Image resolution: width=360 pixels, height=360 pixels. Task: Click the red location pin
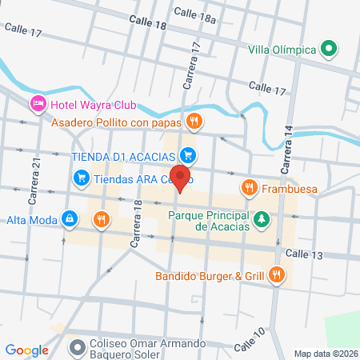point(182,178)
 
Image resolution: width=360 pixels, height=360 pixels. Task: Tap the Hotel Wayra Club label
point(93,105)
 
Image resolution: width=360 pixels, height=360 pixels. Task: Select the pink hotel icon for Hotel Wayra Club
point(37,104)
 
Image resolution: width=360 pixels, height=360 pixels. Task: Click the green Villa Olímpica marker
point(328,50)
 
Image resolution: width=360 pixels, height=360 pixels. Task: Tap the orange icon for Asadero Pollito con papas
point(193,122)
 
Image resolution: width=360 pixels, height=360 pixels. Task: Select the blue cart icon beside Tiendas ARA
point(80,178)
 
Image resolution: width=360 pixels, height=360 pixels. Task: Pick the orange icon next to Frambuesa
point(249,188)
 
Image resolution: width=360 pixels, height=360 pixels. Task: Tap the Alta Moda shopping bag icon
point(70,218)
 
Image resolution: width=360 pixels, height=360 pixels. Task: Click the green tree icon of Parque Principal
point(261,219)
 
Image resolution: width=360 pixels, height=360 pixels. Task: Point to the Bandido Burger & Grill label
point(210,277)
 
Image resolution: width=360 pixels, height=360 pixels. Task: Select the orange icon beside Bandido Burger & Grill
point(277,276)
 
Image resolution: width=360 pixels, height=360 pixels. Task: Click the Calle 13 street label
point(303,254)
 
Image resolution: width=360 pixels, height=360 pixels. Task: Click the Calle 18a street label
point(194,12)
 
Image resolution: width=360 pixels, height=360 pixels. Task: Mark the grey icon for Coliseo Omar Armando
point(77,347)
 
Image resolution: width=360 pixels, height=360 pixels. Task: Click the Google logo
point(26,350)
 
